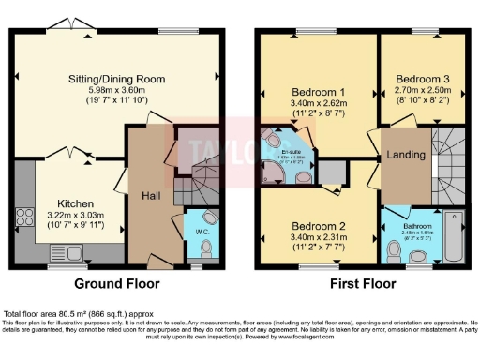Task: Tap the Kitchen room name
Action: (74, 202)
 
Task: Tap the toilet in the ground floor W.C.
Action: (207, 247)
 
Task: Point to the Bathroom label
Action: (417, 226)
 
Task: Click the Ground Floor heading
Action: (117, 282)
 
